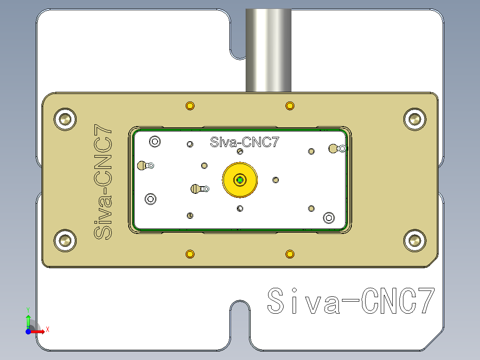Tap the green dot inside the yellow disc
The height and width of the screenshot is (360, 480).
[x=240, y=180]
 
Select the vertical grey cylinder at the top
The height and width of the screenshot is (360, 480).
[x=268, y=49]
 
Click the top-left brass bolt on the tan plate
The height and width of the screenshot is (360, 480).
[x=65, y=119]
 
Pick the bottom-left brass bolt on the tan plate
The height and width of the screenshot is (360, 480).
[x=65, y=241]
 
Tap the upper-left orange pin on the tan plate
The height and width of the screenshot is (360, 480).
[x=190, y=106]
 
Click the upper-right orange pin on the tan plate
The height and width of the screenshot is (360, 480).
[x=290, y=106]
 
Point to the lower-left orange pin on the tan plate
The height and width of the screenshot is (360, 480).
[x=190, y=254]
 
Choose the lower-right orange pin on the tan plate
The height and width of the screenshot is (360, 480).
[x=290, y=254]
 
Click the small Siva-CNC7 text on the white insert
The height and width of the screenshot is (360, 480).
[x=244, y=143]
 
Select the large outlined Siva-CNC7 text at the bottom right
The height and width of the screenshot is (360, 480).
[x=350, y=302]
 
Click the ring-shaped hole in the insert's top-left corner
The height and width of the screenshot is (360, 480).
[x=155, y=142]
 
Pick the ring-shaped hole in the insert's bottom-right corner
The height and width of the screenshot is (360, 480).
[x=329, y=217]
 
